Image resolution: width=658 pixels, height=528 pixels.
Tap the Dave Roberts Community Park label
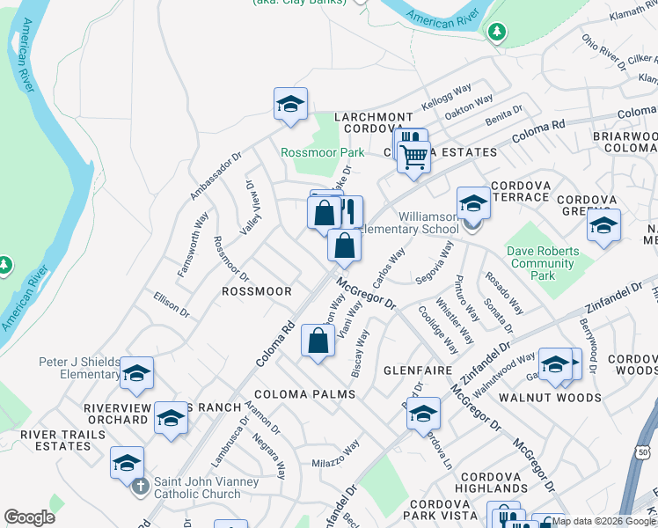click(x=543, y=263)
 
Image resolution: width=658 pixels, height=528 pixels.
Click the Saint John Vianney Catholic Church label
click(x=206, y=488)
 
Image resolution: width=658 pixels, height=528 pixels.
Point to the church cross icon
click(x=139, y=483)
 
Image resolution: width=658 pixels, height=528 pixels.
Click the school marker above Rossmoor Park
click(x=290, y=105)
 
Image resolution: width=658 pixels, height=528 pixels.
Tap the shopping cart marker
click(x=413, y=158)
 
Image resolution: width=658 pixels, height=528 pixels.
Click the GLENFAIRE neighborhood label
click(x=418, y=371)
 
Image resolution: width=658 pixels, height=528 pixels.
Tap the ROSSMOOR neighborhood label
click(x=256, y=290)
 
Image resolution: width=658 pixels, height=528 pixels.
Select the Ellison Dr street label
click(x=171, y=304)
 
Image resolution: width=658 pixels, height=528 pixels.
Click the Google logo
click(x=30, y=517)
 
